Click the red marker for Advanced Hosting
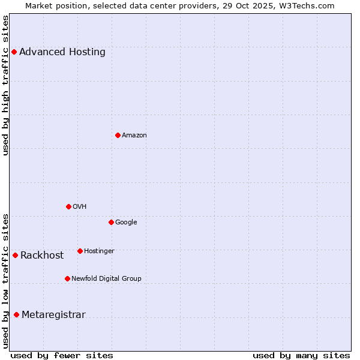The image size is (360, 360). coord(14,52)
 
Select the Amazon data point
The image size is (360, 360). coord(118,135)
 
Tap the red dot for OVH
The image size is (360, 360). coord(68,206)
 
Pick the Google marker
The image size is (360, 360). coord(111,222)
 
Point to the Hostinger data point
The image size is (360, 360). coord(80,251)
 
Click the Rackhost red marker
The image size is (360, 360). coord(15,255)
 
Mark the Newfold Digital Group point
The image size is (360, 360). coord(67,278)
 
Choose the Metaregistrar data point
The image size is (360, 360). coord(16,314)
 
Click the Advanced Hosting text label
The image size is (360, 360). coord(62,52)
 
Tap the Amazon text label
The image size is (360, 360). coord(134,135)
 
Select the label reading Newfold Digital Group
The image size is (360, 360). coord(107,278)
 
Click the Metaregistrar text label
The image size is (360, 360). coord(53,314)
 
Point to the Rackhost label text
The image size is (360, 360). coord(42,255)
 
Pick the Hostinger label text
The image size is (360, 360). coord(99,251)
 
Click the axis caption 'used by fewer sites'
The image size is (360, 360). coord(62,355)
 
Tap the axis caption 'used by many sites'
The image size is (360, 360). coord(301,355)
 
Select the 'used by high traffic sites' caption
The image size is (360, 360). coord(6,85)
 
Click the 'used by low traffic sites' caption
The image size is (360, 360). coord(6,281)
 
